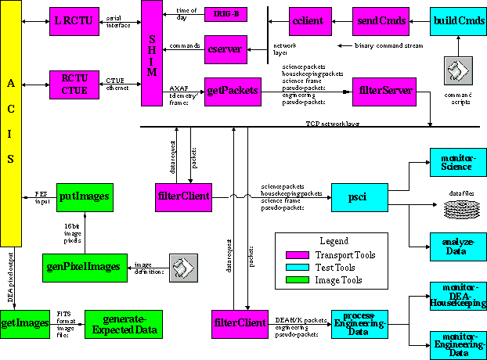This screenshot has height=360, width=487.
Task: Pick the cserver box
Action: tap(226, 49)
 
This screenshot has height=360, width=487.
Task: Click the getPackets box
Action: tap(232, 90)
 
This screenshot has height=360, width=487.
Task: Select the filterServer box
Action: tap(383, 91)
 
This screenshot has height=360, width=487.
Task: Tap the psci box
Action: tap(359, 196)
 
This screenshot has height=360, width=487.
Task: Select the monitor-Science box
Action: tap(456, 162)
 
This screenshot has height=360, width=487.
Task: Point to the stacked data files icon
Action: tap(456, 209)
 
